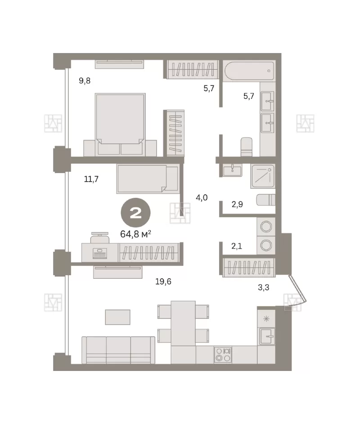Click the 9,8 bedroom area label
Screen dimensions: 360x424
pos(85,80)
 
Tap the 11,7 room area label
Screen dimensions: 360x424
pos(91,179)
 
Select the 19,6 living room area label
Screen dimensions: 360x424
pos(163,281)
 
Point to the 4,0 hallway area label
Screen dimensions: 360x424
pos(202,198)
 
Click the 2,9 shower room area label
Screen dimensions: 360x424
pos(237,204)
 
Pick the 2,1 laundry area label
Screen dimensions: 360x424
pos(237,246)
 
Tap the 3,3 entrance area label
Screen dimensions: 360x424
pos(263,287)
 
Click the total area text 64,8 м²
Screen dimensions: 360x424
pos(135,234)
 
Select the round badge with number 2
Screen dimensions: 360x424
pos(135,213)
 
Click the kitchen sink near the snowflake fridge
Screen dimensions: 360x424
pos(267,336)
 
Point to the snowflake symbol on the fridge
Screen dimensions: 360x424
pos(266,318)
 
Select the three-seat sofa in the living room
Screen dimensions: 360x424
pos(118,350)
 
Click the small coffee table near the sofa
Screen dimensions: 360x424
pos(118,317)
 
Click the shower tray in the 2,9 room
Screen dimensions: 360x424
pos(262,176)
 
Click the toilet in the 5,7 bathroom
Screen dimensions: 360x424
pos(246,147)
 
